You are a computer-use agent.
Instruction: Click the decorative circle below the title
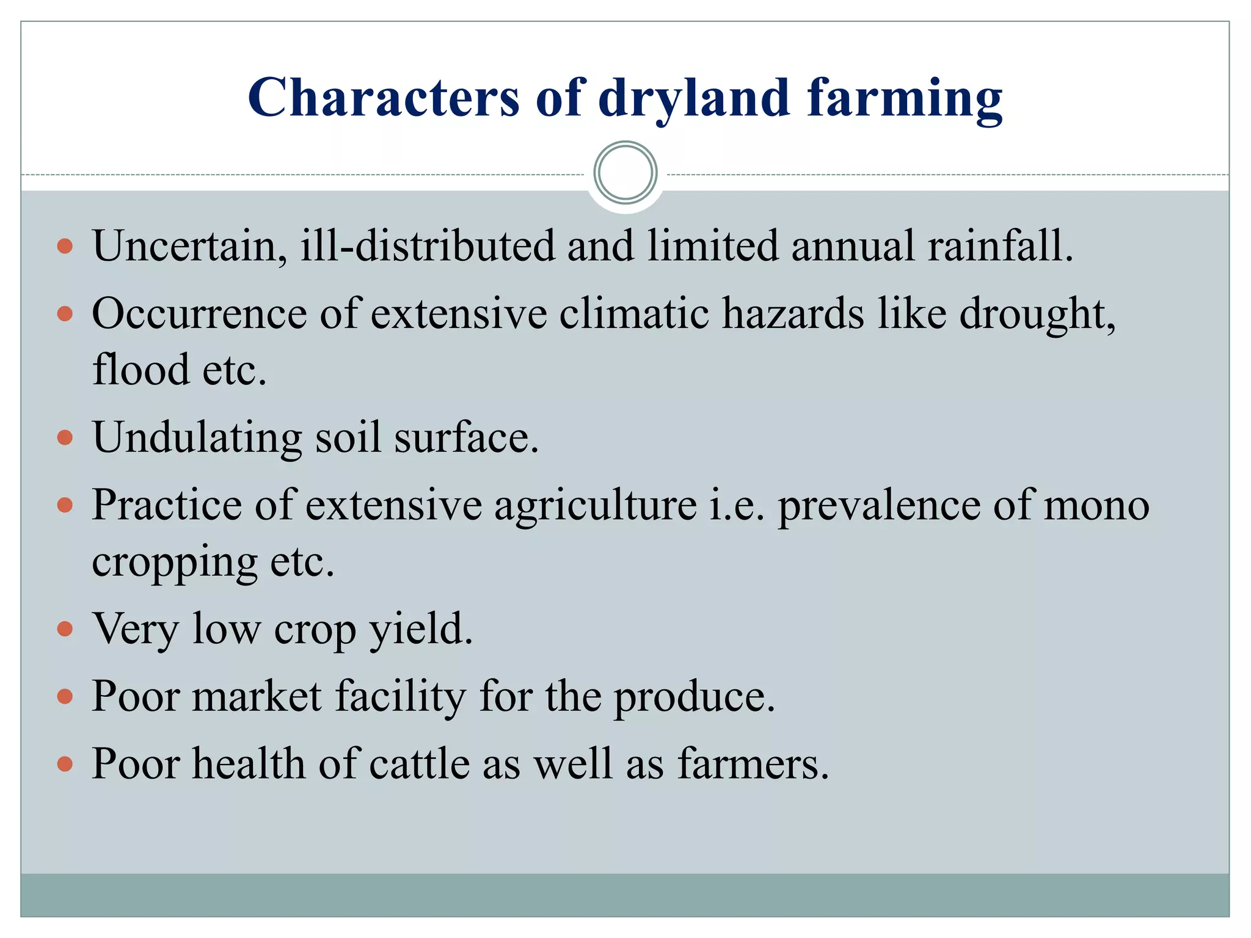point(625,173)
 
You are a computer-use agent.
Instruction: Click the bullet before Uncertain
point(65,247)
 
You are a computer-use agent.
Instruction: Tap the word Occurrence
point(199,314)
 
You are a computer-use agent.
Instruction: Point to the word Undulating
point(197,438)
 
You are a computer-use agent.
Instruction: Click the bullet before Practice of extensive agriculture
point(65,506)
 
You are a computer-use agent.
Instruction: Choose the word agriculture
point(595,506)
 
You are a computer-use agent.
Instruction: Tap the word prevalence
point(878,506)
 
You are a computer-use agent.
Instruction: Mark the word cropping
point(175,563)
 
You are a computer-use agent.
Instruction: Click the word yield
point(421,630)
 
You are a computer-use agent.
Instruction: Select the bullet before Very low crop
point(65,629)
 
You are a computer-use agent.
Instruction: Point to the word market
point(257,696)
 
